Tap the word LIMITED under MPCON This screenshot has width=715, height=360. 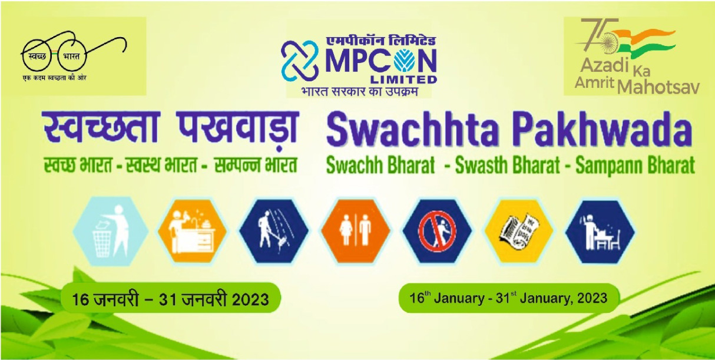403,80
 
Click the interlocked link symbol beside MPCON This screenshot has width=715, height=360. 300,61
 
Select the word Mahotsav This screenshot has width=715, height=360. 658,86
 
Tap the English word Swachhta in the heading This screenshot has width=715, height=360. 412,129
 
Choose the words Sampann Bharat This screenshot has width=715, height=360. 635,166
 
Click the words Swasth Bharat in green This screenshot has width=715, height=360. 507,166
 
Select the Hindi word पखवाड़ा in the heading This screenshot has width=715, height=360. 238,128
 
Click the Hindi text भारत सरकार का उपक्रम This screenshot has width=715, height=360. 360,91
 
